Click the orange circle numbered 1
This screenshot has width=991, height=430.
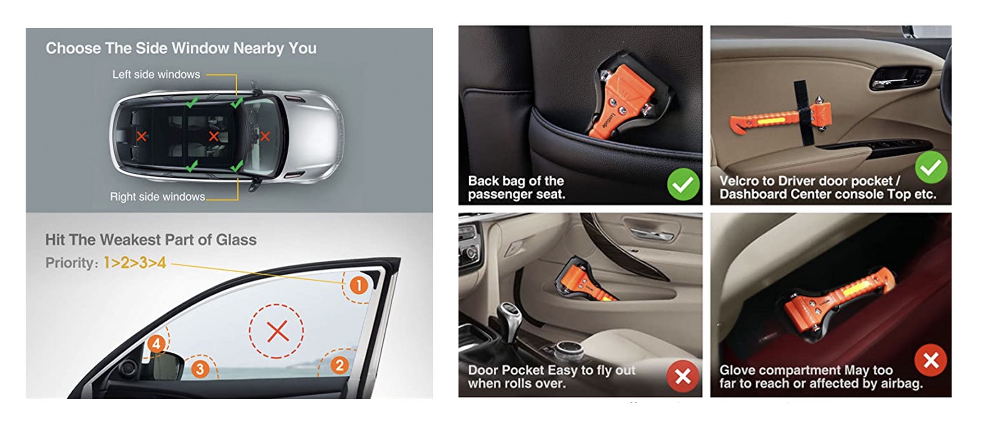[x=359, y=286]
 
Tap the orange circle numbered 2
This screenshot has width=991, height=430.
[x=340, y=365]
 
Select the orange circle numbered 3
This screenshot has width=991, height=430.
[x=200, y=369]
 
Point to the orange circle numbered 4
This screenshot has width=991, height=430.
[x=156, y=343]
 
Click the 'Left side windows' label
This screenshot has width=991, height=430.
[x=156, y=75]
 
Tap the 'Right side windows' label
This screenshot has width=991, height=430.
[x=157, y=197]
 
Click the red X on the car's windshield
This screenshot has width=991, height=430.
[x=265, y=137]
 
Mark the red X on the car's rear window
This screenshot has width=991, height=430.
[x=141, y=136]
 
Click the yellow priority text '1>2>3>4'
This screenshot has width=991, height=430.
[x=135, y=263]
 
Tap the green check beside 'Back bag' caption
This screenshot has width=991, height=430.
[x=683, y=184]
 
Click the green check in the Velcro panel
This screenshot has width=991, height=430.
[x=931, y=168]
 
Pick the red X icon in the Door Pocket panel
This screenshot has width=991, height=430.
[x=683, y=376]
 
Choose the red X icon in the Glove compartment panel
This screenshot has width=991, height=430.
[x=931, y=360]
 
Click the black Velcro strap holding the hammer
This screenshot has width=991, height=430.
[x=802, y=113]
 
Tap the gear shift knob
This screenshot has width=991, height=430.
[x=508, y=311]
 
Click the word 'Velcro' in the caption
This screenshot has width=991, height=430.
[x=739, y=181]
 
